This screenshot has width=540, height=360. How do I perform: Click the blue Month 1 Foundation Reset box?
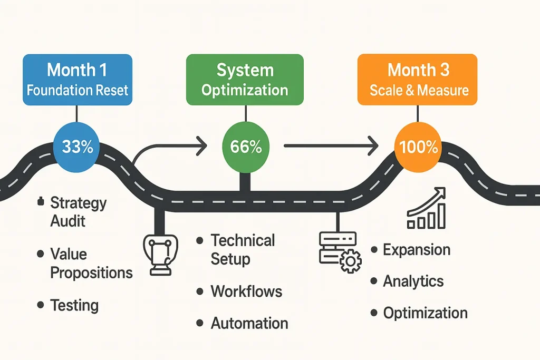(78, 79)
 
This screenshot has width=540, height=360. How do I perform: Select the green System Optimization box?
(245, 79)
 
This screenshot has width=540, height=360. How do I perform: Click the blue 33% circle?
(78, 147)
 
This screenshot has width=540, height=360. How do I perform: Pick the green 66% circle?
(246, 147)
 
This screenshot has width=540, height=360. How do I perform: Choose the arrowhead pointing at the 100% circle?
(373, 144)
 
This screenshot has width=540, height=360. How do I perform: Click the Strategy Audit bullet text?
(78, 211)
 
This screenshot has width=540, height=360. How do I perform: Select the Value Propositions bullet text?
(91, 263)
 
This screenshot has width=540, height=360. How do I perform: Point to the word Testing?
(74, 305)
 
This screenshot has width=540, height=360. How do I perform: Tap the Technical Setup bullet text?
(242, 249)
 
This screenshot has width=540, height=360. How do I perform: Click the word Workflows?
(246, 291)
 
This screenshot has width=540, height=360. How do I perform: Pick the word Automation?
(249, 323)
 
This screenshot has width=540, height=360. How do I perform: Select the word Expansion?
(416, 249)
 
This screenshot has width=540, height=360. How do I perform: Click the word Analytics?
(413, 281)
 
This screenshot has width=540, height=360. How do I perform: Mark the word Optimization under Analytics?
(425, 313)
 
